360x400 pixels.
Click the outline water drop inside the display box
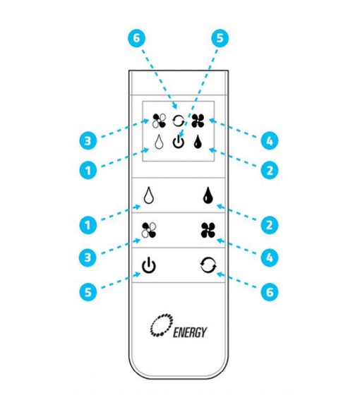point(159,142)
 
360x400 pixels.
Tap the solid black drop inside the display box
point(198,142)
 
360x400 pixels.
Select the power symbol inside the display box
point(178,143)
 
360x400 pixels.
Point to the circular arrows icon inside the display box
point(178,121)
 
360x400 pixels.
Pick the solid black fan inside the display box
point(198,121)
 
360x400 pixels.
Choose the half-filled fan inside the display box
point(159,121)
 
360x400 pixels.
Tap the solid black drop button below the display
point(208,195)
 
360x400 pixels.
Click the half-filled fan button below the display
point(149,230)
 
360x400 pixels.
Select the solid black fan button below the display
point(208,230)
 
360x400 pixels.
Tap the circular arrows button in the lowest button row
point(208,265)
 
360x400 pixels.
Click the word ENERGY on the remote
point(190,332)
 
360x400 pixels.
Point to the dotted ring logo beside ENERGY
point(162,324)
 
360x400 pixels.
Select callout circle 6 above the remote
point(137,39)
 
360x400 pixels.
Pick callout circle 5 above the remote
point(220,39)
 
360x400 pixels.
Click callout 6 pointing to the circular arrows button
point(270,291)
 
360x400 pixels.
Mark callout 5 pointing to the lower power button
point(88,291)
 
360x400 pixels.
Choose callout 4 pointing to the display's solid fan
point(270,140)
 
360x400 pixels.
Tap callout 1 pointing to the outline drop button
point(88,225)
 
